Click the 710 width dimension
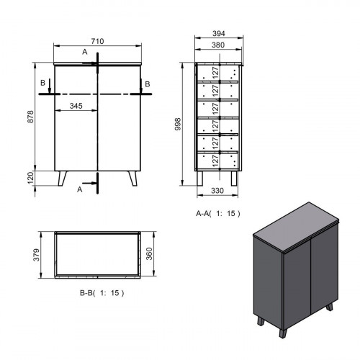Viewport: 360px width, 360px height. tap(97, 41)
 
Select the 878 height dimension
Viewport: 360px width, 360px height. tap(30, 117)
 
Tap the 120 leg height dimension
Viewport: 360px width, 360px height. tap(30, 178)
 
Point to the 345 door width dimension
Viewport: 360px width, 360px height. tap(76, 106)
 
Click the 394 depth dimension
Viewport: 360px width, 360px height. tap(219, 33)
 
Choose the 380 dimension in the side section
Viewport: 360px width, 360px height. tap(218, 45)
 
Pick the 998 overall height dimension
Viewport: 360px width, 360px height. tap(178, 124)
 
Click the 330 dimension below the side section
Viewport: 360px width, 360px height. tap(217, 191)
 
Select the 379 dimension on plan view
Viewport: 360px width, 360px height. tap(36, 255)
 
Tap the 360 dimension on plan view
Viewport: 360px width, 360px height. tap(149, 253)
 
